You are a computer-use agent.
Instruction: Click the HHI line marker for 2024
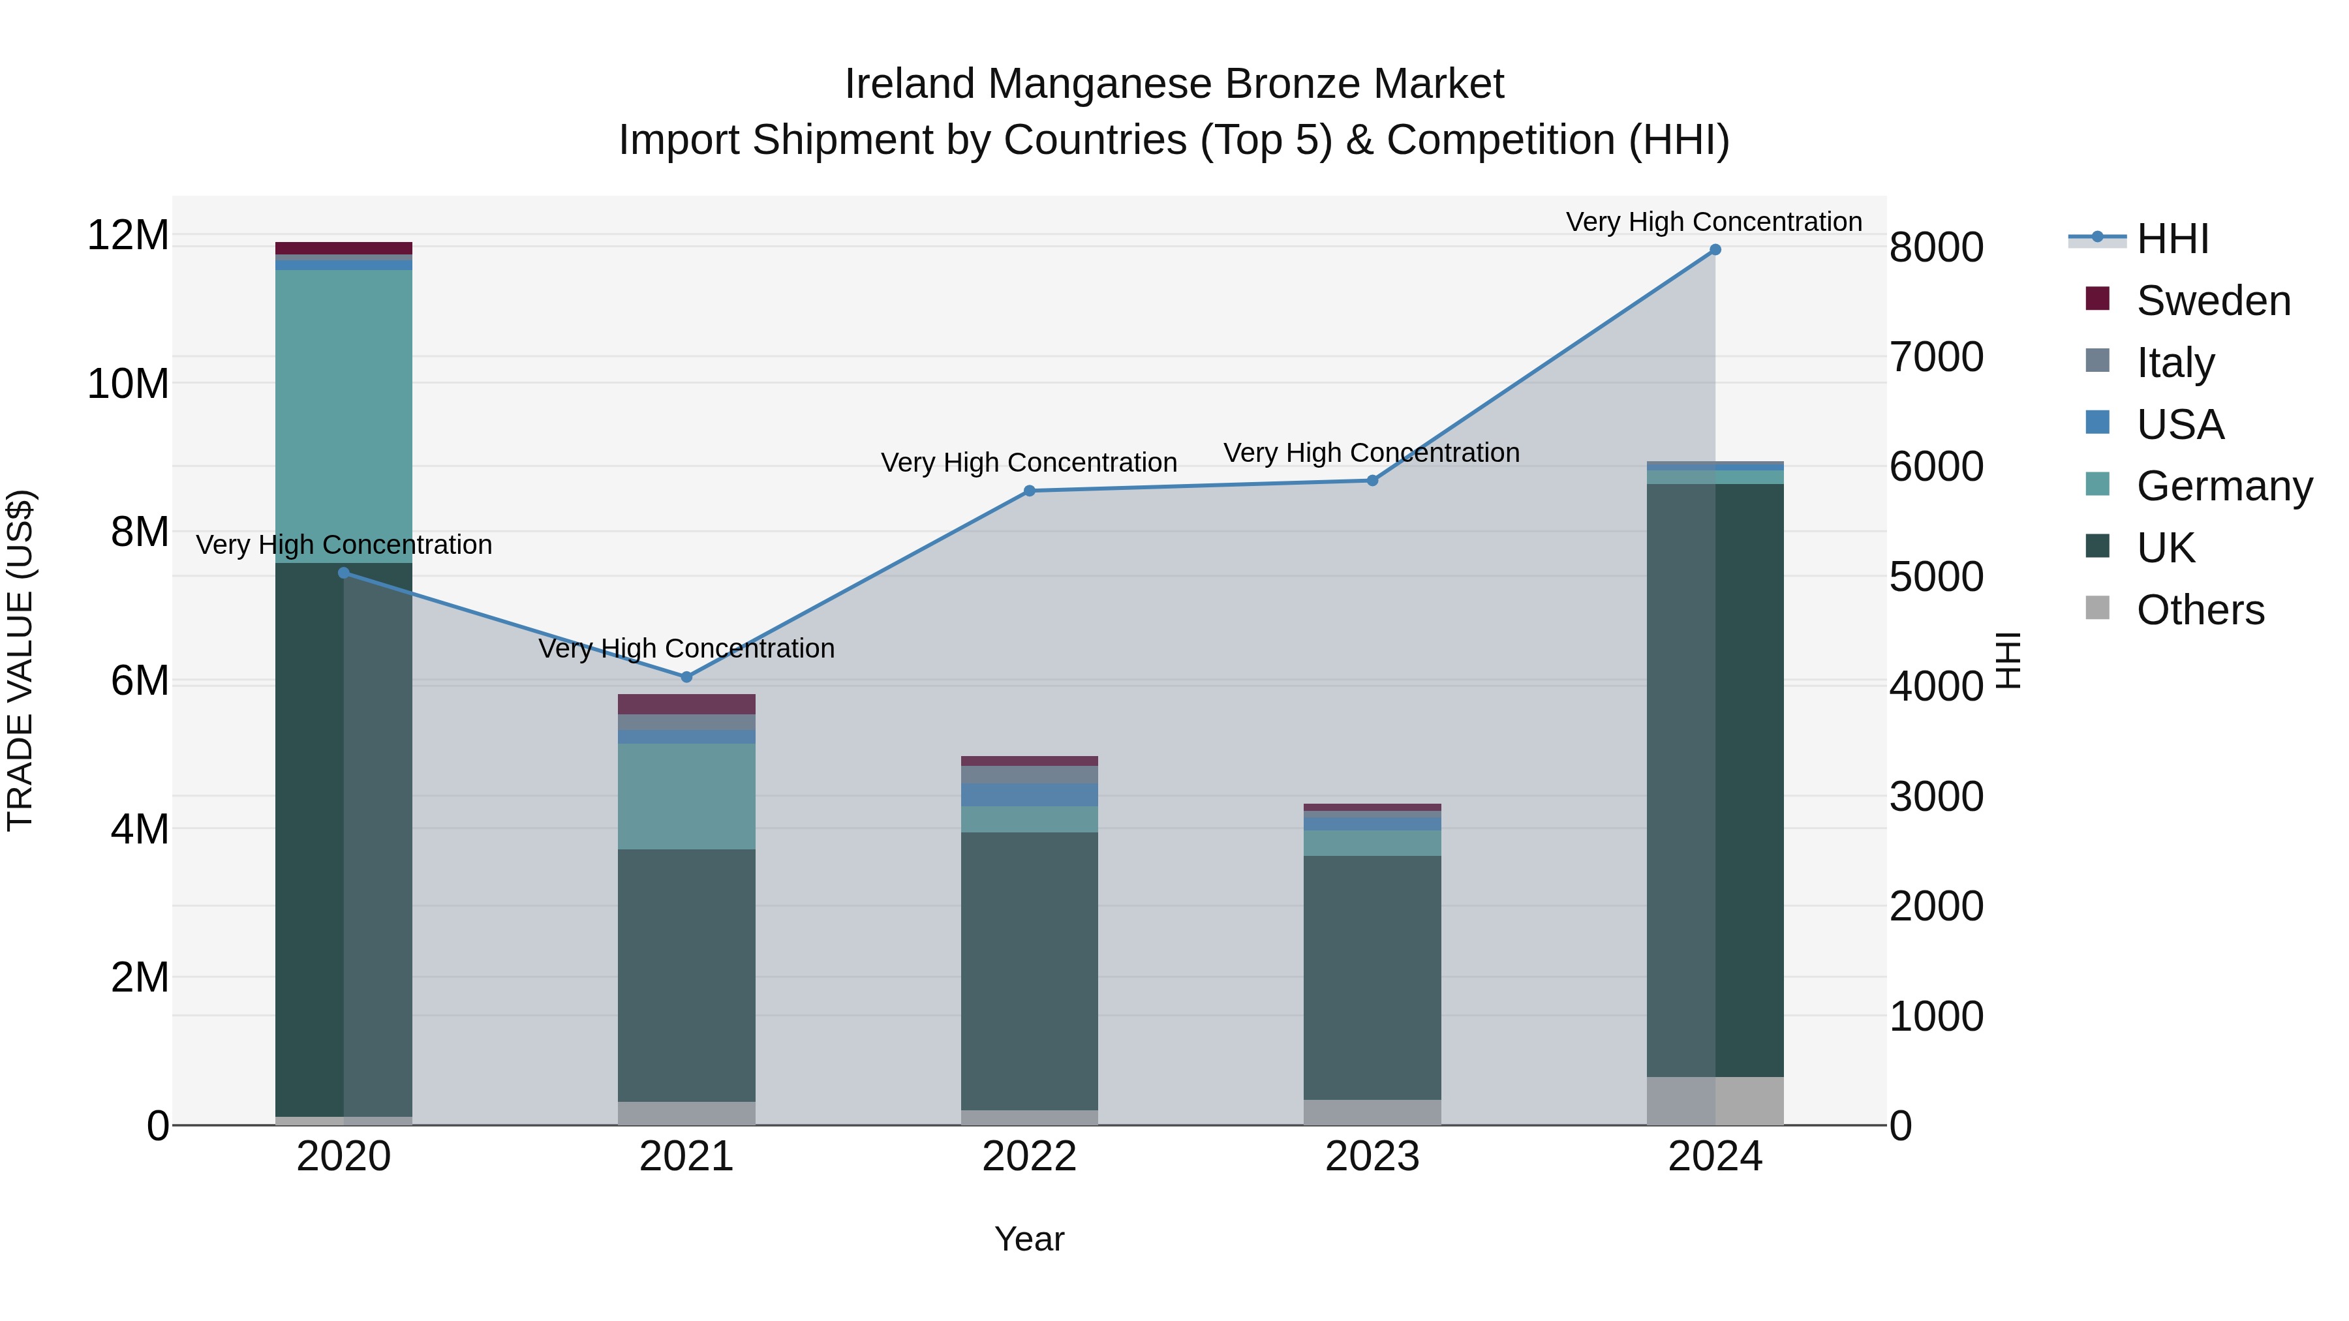click(x=1714, y=250)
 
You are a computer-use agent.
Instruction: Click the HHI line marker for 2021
click(x=686, y=677)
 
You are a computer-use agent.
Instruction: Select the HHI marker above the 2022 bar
click(x=1030, y=491)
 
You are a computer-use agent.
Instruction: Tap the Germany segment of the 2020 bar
click(x=344, y=416)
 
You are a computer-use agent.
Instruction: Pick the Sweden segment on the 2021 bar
click(x=686, y=704)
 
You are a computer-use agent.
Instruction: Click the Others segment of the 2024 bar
click(x=1714, y=1101)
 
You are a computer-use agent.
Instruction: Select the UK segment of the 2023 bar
click(x=1372, y=977)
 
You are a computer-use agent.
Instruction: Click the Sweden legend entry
click(x=2213, y=301)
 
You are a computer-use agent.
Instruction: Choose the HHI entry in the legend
click(x=2172, y=239)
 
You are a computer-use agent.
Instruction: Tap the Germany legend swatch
click(x=2097, y=484)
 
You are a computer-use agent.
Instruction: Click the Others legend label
click(x=2200, y=610)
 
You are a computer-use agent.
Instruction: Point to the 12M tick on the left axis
click(x=128, y=235)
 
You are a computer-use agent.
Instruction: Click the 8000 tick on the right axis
click(x=1936, y=248)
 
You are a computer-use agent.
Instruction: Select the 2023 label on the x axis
click(x=1372, y=1157)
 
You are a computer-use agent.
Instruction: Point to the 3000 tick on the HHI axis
click(x=1936, y=797)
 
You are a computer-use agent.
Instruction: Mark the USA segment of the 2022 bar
click(x=1030, y=794)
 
